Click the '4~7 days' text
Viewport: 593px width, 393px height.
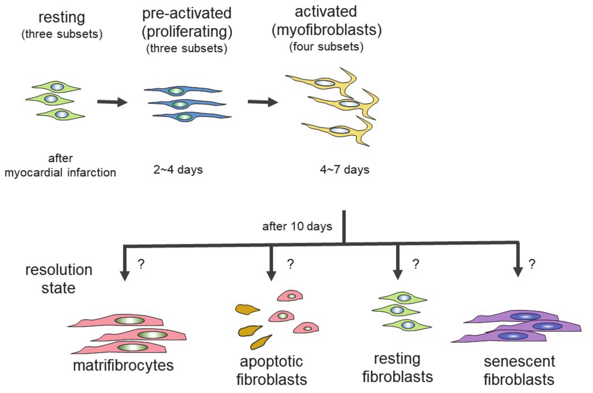click(x=344, y=170)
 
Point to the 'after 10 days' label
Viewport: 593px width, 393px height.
click(x=297, y=226)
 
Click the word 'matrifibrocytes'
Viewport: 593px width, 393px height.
click(x=123, y=365)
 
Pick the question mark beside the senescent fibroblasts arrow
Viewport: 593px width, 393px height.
click(x=532, y=264)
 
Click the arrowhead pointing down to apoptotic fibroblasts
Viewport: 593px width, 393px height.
click(x=271, y=276)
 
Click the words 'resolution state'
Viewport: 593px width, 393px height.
click(x=59, y=279)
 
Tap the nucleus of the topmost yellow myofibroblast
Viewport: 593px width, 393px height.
click(x=325, y=83)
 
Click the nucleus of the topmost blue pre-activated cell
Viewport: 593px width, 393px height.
click(x=176, y=91)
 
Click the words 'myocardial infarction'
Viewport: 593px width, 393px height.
click(x=60, y=173)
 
